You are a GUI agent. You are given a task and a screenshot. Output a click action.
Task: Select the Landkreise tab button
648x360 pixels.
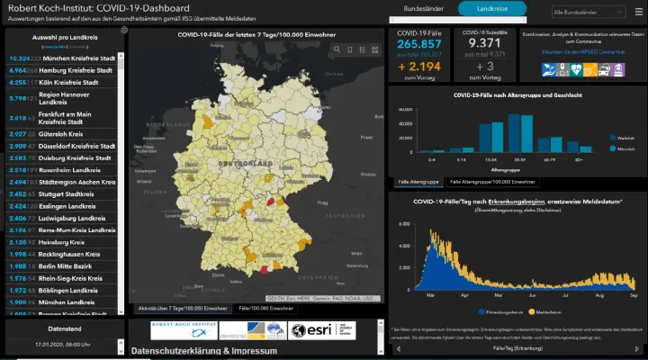pos(491,9)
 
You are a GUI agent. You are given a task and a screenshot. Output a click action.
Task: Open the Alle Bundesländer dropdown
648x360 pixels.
pos(589,13)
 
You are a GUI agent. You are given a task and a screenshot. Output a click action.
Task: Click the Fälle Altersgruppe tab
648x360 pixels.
pos(418,181)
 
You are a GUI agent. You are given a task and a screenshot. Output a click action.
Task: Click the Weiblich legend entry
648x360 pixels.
pos(625,137)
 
